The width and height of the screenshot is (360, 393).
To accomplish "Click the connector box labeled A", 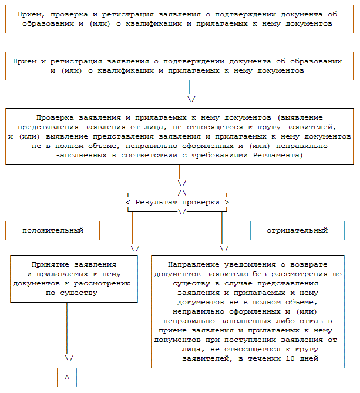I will (66, 377).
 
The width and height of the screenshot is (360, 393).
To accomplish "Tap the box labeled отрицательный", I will (297, 230).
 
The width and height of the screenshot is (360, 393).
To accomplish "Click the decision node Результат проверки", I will (177, 202).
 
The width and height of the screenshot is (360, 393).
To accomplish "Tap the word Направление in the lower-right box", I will (191, 265).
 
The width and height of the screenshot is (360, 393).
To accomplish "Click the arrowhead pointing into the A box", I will (69, 358).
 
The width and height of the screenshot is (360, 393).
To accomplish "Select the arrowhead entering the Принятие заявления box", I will (135, 248).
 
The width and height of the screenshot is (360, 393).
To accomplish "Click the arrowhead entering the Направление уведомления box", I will (224, 248).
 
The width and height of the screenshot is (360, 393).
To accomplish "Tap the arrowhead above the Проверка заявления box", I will (191, 98).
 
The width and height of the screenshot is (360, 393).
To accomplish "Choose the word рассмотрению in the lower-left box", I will (113, 284).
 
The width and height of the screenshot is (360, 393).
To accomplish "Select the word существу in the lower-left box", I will (80, 293).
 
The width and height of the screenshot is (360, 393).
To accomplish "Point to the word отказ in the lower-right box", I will (309, 321).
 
